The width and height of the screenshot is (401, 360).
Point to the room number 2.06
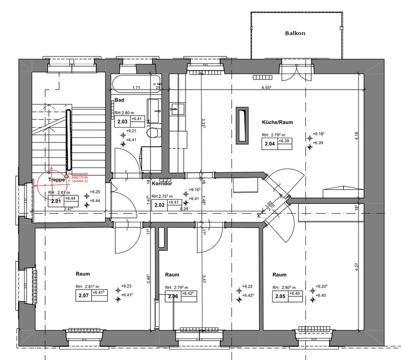tap(172, 296)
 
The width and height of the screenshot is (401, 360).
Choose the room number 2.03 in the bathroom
tap(122, 121)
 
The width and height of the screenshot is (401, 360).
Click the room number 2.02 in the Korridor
tap(159, 205)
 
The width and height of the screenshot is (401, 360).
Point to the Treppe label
tap(58, 179)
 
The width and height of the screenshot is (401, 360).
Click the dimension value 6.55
tap(266, 87)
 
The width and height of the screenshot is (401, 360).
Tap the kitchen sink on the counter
tap(175, 108)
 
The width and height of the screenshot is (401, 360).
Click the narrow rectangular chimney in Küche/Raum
tap(242, 124)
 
